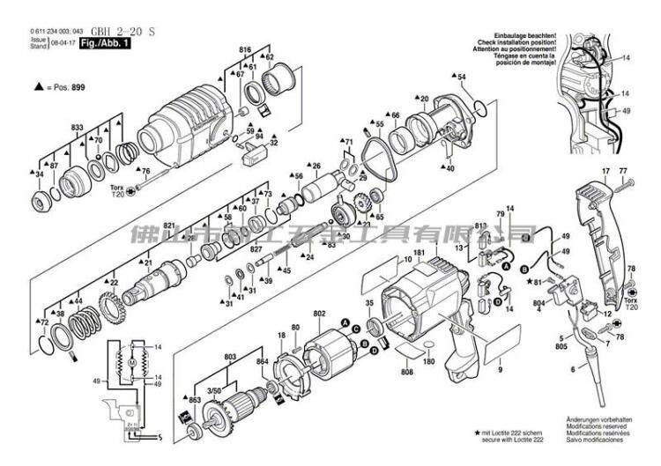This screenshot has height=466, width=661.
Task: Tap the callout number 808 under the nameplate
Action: click(x=406, y=373)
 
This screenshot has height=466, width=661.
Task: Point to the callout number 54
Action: click(x=462, y=78)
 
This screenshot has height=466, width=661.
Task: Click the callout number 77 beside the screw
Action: click(x=623, y=170)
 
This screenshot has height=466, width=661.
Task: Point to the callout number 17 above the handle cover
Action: click(x=606, y=170)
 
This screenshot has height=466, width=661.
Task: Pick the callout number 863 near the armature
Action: click(x=196, y=401)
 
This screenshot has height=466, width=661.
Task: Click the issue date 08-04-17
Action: click(x=63, y=41)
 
